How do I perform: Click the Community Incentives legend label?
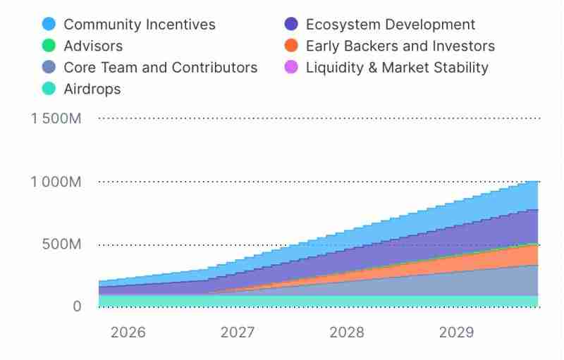140,25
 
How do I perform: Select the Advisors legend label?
93,46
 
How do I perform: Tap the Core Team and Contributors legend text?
161,68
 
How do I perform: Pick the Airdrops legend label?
92,89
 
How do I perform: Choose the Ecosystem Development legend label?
391,25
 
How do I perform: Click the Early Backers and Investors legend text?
400,46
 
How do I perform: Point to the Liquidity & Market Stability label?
397,68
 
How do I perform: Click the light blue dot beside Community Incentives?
49,25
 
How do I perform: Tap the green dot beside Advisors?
49,46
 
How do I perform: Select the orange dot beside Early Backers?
291,46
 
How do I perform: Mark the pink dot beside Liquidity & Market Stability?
291,68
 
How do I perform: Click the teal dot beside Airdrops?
49,89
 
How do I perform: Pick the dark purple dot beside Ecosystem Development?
291,25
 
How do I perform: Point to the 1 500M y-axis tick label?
56,118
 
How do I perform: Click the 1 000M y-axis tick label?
56,182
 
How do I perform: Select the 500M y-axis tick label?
63,244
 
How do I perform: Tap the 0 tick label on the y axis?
77,307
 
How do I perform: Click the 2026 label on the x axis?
128,333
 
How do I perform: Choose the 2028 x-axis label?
347,333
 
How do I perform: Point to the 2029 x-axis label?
457,333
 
